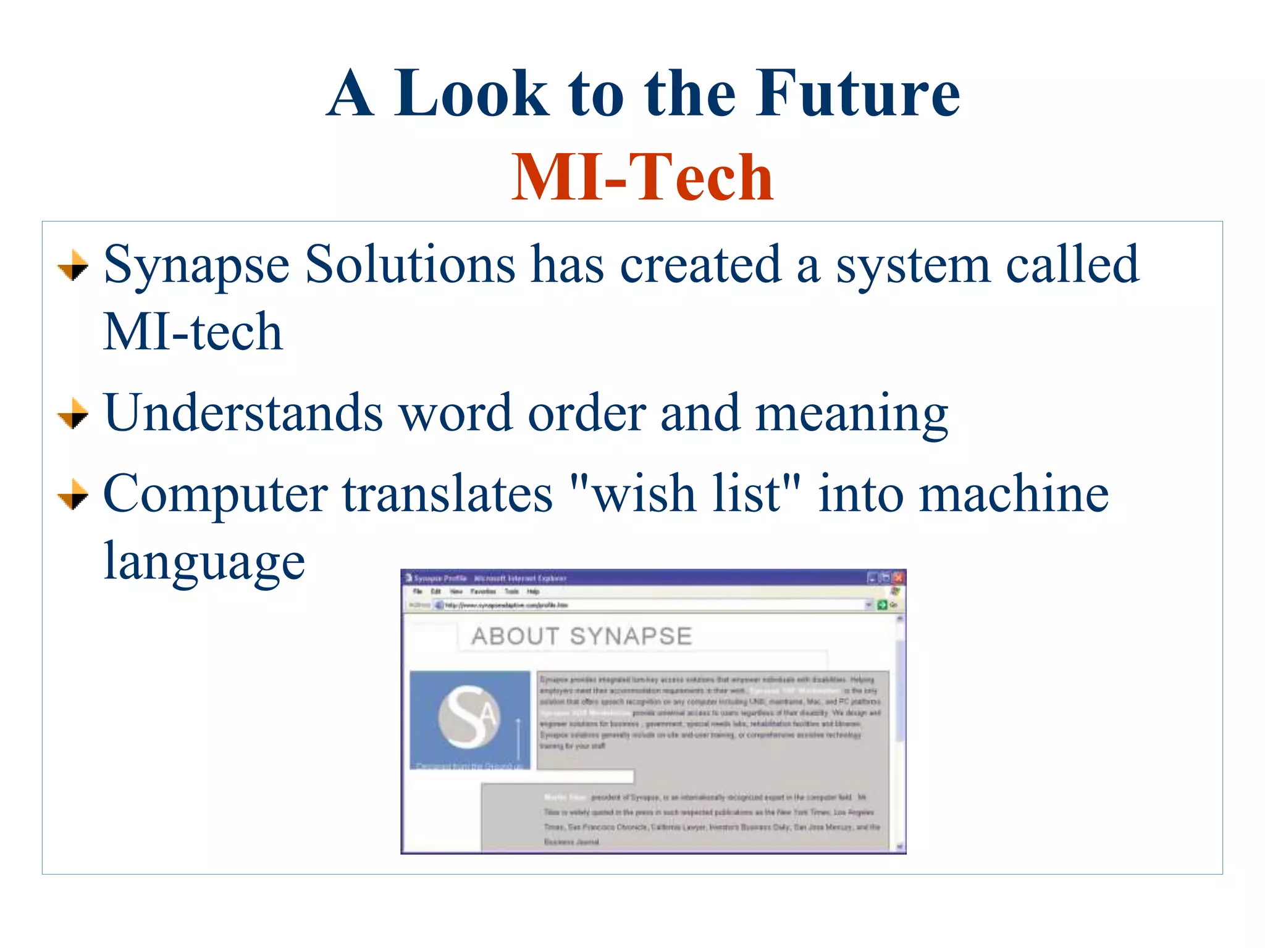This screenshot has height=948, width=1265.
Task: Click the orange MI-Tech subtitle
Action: pyautogui.click(x=642, y=178)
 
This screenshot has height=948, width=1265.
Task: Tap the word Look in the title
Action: pyautogui.click(x=471, y=94)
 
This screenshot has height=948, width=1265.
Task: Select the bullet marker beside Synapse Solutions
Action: pyautogui.click(x=73, y=265)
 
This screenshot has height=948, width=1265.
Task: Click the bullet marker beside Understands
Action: pyautogui.click(x=73, y=414)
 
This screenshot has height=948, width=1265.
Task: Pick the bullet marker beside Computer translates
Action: pyautogui.click(x=73, y=494)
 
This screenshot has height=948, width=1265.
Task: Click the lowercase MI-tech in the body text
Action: pyautogui.click(x=193, y=332)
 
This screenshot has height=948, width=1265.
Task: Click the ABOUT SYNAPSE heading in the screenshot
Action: pyautogui.click(x=581, y=636)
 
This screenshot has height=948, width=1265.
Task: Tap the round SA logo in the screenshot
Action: pyautogui.click(x=469, y=717)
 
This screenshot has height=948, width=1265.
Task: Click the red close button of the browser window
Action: pyautogui.click(x=898, y=578)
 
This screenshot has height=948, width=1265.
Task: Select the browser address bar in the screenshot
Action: pyautogui.click(x=649, y=605)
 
